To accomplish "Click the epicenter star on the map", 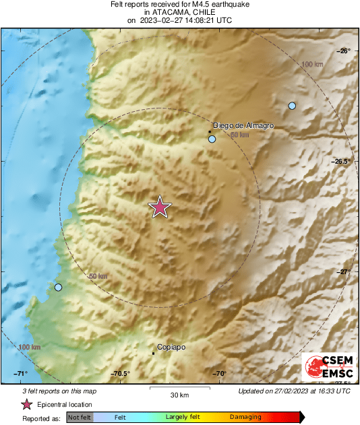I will [159, 207].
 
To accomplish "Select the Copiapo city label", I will [171, 348].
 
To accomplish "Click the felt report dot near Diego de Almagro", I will [212, 139].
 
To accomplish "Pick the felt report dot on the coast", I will [58, 288].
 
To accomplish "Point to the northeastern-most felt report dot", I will [292, 106].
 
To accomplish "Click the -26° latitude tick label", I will [344, 51].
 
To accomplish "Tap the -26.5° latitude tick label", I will [341, 162].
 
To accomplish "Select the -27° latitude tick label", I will [344, 271].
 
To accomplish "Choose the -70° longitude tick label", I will [220, 374].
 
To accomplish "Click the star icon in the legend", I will [27, 404].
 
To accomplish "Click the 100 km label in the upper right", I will [312, 64].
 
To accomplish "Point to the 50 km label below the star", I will [98, 277].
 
